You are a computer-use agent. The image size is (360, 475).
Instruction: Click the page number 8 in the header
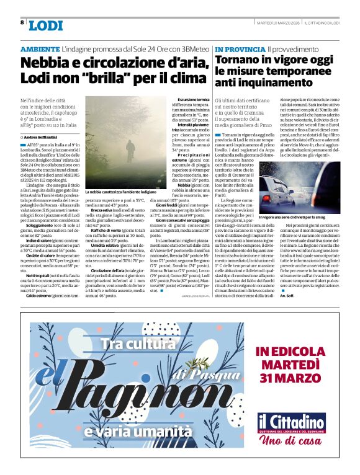click(x=22, y=22)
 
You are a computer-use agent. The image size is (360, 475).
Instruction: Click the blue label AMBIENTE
click(x=40, y=48)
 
